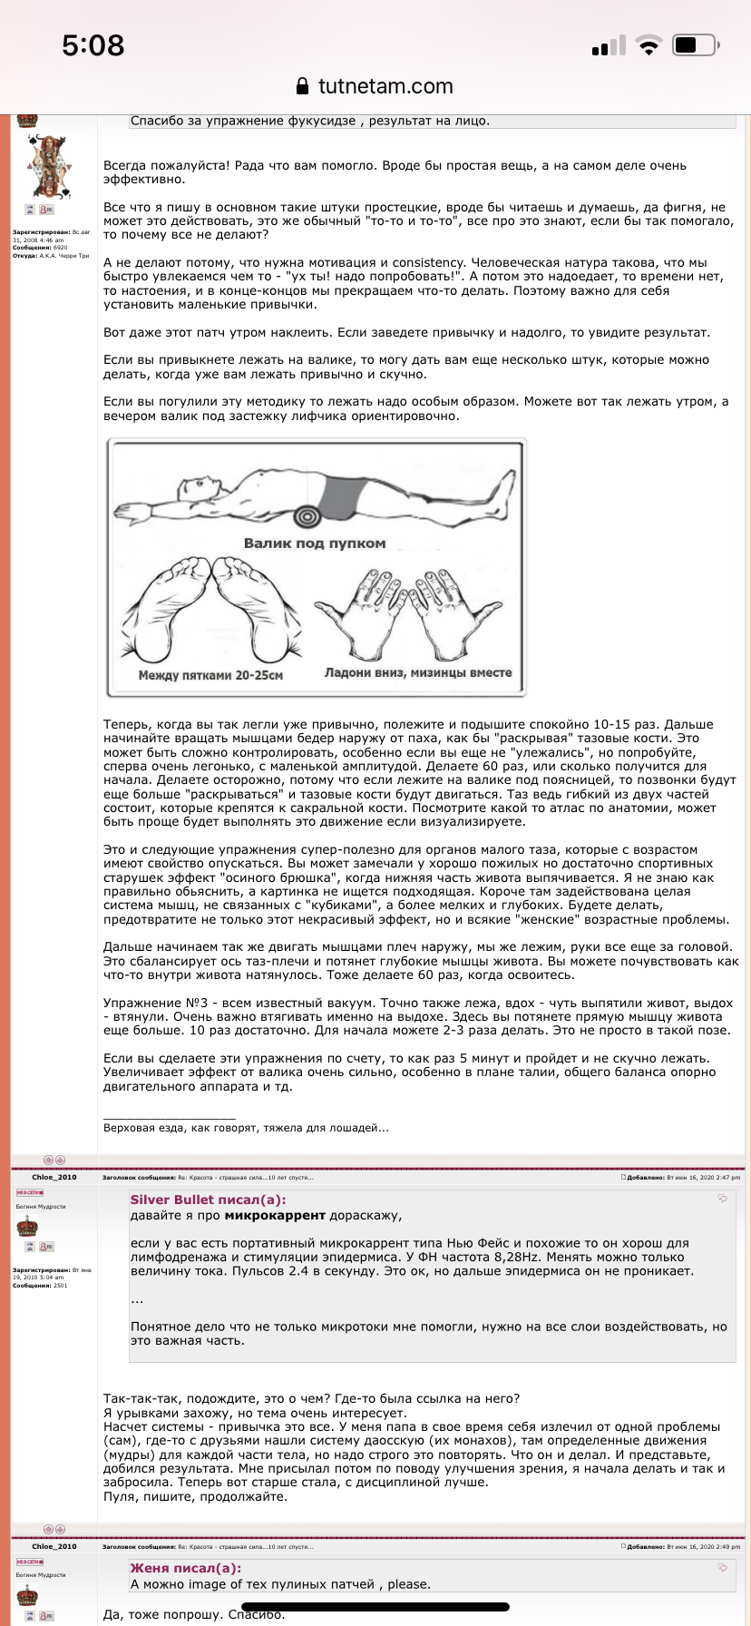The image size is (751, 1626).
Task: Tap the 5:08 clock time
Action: point(93,45)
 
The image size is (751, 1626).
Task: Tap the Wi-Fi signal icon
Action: point(649,45)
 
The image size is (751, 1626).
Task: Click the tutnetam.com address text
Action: point(385,86)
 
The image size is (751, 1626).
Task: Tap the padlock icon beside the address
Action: point(304,86)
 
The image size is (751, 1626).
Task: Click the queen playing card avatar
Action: point(47,165)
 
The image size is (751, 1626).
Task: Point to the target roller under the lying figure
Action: point(307,514)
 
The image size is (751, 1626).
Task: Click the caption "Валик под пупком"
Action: point(315,544)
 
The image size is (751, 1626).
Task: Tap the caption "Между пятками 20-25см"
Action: point(210,675)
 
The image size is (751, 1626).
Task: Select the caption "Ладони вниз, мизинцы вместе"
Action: point(418,673)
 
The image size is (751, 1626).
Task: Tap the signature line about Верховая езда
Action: point(246,1128)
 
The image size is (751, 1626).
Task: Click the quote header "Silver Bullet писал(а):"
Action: point(208,1200)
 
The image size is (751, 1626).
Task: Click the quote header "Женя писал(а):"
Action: point(186,1568)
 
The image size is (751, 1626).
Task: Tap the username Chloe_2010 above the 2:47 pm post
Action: point(54,1177)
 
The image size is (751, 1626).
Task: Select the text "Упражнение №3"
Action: point(142,1003)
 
